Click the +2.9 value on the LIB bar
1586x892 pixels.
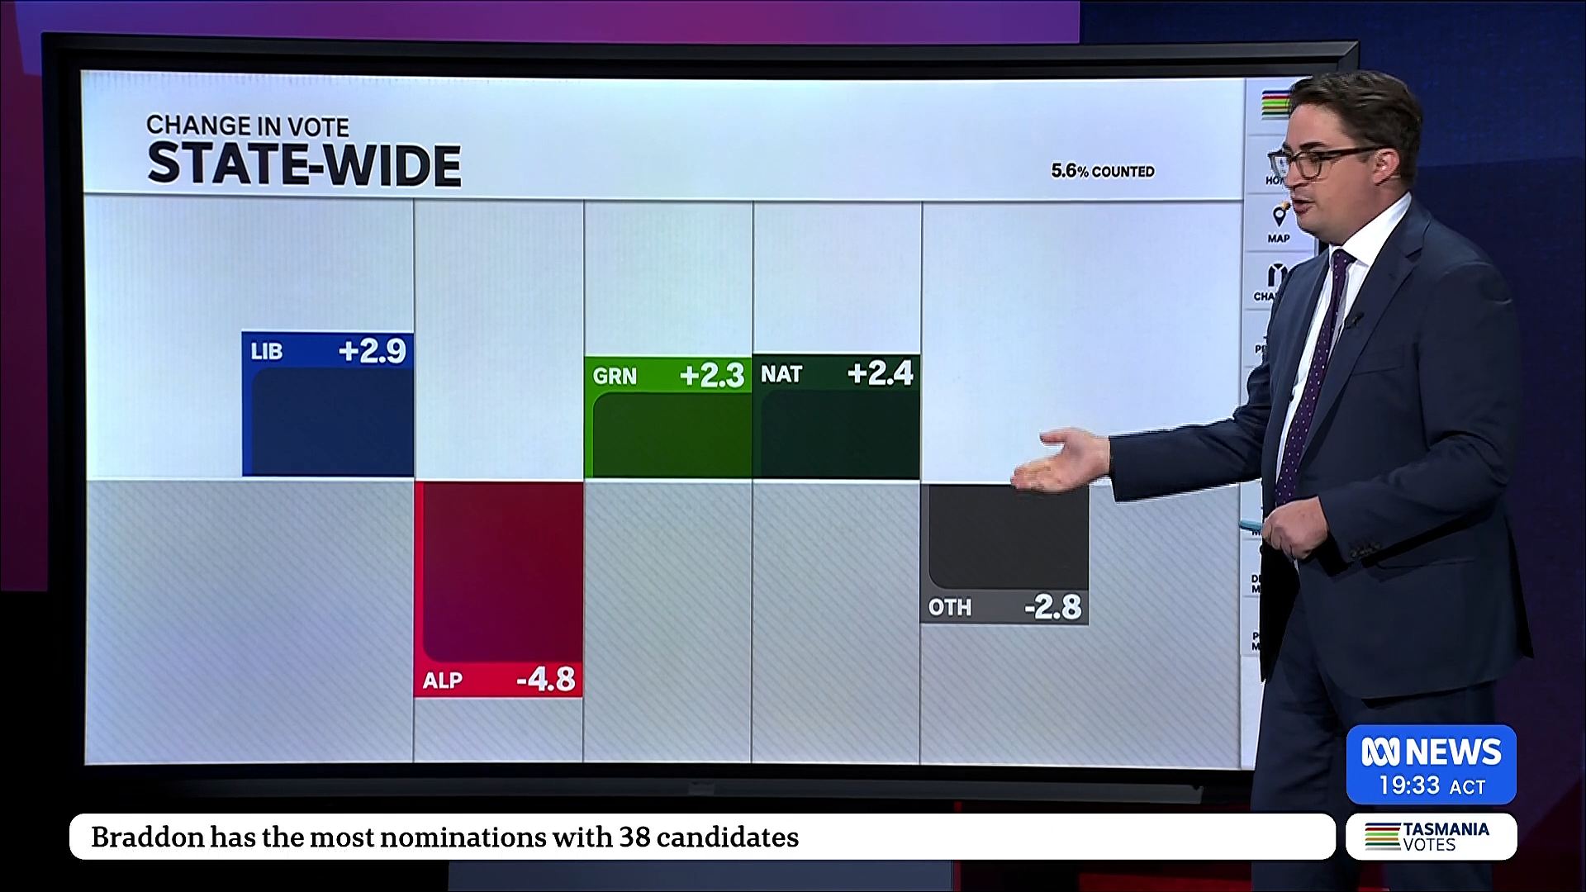(373, 352)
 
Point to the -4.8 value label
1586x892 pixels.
(546, 680)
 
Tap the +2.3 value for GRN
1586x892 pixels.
(712, 377)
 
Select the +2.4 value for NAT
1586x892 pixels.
(881, 374)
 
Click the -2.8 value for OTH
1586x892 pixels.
(1052, 608)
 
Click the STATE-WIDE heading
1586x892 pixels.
(304, 164)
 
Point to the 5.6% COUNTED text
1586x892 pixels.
(1102, 171)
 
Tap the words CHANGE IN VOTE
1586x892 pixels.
(248, 126)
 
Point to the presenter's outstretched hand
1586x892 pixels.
(1061, 461)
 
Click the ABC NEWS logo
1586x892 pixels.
(1431, 752)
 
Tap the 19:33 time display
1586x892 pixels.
(1408, 785)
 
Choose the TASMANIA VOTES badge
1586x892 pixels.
(1431, 836)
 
